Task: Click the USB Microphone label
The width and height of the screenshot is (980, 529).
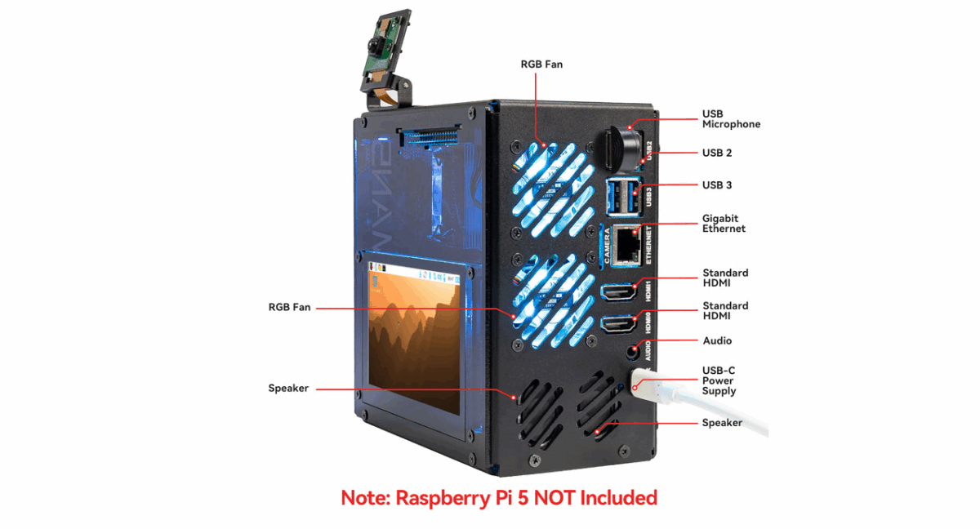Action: tap(731, 118)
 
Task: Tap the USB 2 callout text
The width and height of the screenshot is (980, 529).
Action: tap(717, 153)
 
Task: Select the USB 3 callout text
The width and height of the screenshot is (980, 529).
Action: tap(717, 184)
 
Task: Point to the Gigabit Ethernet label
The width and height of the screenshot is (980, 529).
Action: tap(724, 224)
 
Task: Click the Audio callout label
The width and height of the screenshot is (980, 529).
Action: tap(717, 340)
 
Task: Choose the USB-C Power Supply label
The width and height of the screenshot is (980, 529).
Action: tap(719, 380)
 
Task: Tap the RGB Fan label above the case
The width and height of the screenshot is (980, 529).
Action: tap(541, 64)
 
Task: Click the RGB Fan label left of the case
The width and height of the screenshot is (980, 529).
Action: tap(290, 308)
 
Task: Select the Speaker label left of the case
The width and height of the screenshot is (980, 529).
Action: tap(288, 389)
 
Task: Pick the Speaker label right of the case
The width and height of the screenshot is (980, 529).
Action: tap(722, 423)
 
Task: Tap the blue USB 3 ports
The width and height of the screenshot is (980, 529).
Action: tap(619, 197)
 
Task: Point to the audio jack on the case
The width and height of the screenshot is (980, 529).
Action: tap(631, 352)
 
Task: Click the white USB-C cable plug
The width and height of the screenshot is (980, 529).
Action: tap(653, 389)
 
